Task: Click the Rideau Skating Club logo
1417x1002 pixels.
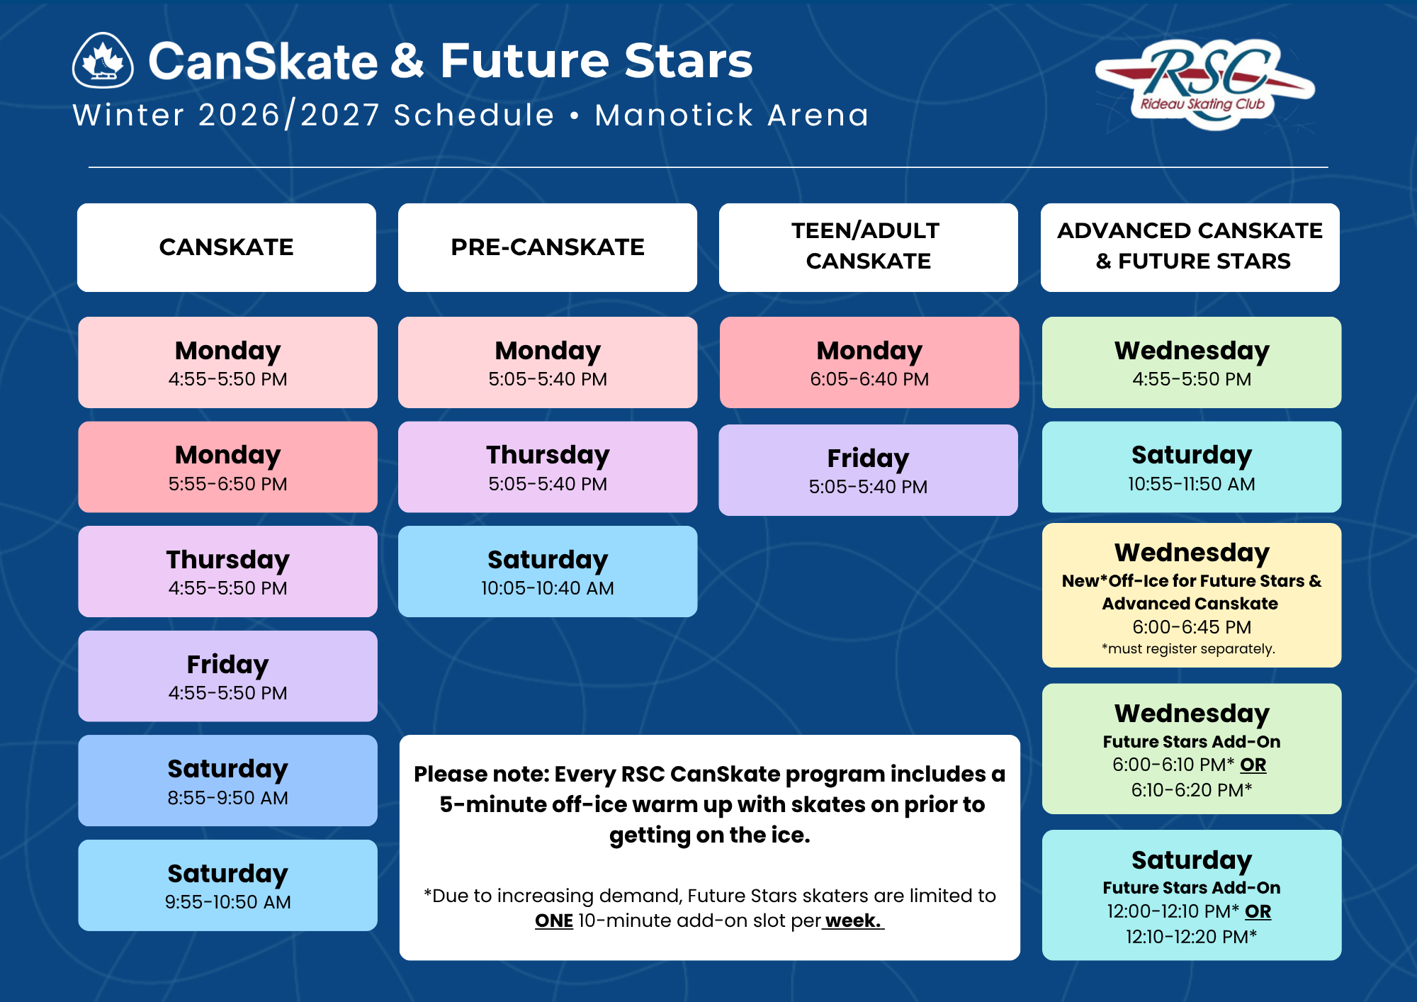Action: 1204,84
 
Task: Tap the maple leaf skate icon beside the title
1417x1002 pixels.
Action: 103,60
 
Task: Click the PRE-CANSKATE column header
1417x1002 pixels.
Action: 548,247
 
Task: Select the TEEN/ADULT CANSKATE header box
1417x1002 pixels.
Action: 869,247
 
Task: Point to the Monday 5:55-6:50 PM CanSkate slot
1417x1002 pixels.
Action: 227,467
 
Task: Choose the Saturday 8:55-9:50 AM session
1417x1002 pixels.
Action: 227,780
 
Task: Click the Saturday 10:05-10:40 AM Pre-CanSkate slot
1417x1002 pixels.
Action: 548,571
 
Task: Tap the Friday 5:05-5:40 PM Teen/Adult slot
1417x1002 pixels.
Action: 868,470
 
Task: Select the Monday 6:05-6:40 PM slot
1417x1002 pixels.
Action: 869,362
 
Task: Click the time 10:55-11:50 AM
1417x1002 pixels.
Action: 1192,484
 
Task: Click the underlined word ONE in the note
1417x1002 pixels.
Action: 554,921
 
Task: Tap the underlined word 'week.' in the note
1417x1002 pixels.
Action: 853,921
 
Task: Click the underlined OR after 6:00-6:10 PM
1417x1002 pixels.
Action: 1253,765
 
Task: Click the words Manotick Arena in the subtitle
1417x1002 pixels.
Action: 732,115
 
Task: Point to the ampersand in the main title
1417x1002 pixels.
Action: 408,61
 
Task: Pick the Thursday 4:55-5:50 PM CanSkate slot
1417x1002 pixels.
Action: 227,571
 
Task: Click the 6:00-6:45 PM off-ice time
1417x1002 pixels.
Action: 1192,627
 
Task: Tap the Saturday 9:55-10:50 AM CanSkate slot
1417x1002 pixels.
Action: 227,885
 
